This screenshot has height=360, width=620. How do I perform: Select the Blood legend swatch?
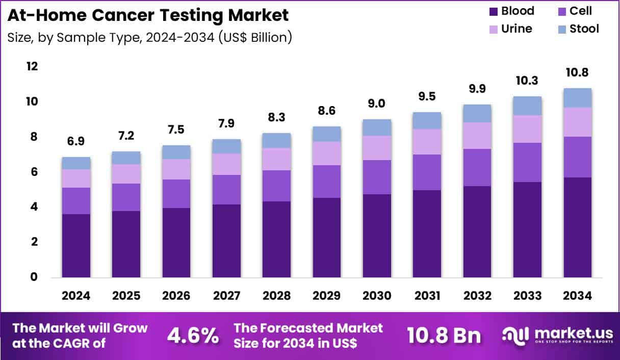pos(493,11)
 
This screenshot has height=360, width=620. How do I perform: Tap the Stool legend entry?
pos(584,29)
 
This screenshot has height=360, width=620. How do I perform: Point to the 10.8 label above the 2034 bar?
pos(577,73)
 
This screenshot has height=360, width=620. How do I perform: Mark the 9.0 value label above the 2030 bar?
pos(377,104)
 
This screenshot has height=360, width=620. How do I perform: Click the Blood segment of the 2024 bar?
pos(76,245)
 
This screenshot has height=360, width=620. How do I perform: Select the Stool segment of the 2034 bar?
pos(577,97)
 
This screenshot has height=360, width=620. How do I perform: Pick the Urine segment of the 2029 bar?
pos(327,153)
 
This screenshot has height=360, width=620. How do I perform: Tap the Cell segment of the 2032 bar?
pos(477,167)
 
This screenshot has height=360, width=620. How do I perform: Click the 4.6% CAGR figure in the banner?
pos(193,336)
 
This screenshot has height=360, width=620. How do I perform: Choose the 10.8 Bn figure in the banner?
pos(444,336)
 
